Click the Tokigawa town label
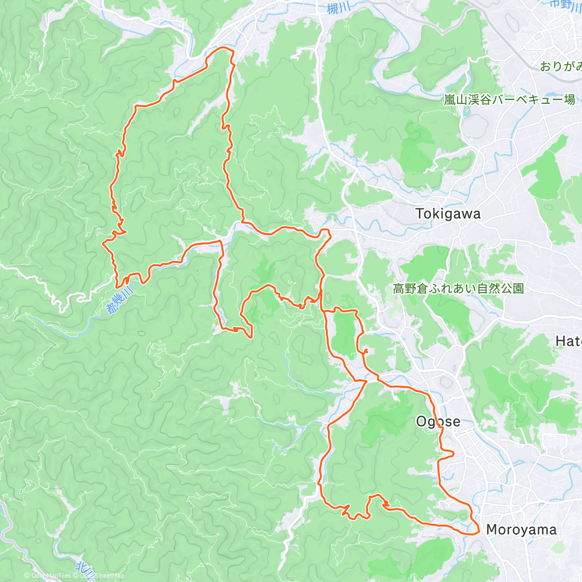(448, 214)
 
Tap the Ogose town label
(438, 421)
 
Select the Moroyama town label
(521, 530)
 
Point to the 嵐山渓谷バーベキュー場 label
(509, 99)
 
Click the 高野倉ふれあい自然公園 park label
(458, 289)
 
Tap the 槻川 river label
(338, 8)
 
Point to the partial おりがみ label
(561, 66)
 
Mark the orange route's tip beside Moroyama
(479, 530)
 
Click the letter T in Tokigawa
(420, 214)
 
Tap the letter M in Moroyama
(492, 530)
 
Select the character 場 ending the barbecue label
(569, 99)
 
